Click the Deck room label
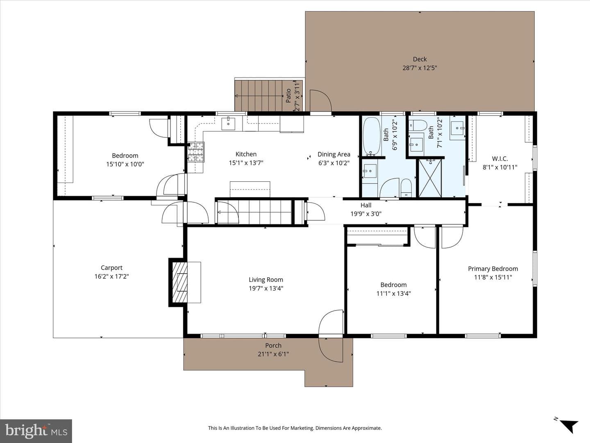click(x=420, y=59)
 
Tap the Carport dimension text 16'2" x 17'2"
click(x=111, y=276)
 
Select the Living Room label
click(x=266, y=280)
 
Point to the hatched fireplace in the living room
click(x=180, y=282)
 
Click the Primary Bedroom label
click(x=493, y=269)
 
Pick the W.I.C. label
click(x=500, y=159)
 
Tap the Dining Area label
click(x=334, y=154)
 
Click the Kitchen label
click(x=246, y=154)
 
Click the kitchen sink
click(x=228, y=124)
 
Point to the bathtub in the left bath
click(x=372, y=136)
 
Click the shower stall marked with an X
click(x=430, y=178)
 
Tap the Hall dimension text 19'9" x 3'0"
click(x=366, y=214)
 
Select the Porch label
click(x=273, y=345)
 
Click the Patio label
click(x=288, y=96)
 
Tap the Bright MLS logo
click(x=36, y=431)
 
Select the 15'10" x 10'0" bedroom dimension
click(x=125, y=164)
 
